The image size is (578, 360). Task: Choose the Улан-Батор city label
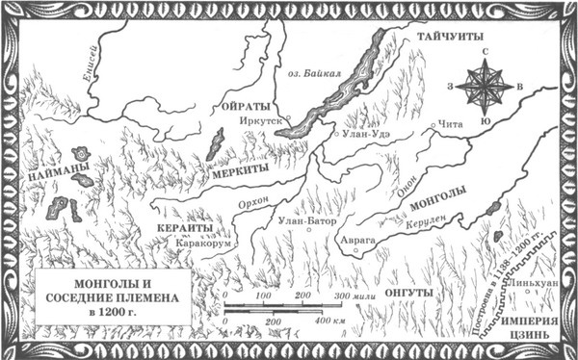pyautogui.click(x=302, y=221)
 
